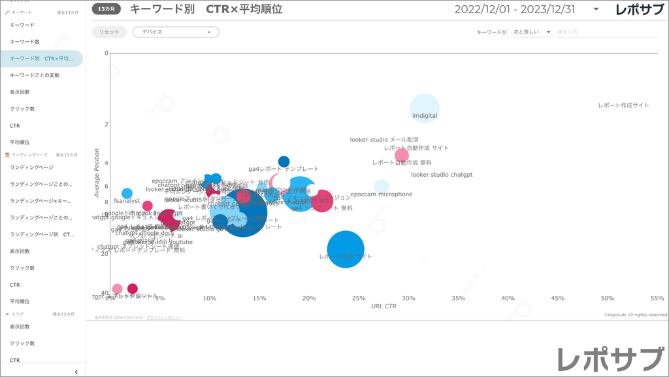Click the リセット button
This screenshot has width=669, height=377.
point(109,32)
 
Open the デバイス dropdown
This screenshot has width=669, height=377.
point(176,32)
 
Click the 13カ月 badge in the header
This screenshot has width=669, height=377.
point(106,9)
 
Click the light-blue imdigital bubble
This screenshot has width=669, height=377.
point(425,108)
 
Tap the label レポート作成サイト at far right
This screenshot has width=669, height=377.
point(623,105)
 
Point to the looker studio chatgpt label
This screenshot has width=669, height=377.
point(442,175)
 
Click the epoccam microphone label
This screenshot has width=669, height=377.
point(382,194)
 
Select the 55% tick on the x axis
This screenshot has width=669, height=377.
point(657,298)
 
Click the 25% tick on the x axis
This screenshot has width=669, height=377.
point(359,298)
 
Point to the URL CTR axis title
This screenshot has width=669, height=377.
point(383,306)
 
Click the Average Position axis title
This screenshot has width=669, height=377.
point(97,173)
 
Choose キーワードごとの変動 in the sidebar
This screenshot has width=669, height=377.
point(35,75)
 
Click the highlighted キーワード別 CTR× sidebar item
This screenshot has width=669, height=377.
point(41,58)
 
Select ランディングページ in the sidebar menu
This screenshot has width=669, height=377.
point(31,168)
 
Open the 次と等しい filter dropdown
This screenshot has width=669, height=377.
point(532,32)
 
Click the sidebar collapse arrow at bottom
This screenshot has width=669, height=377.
point(76,372)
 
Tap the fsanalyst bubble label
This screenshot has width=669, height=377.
point(127,201)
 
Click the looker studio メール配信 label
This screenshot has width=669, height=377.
point(384,139)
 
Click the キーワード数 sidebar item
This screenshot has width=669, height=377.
point(25,42)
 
